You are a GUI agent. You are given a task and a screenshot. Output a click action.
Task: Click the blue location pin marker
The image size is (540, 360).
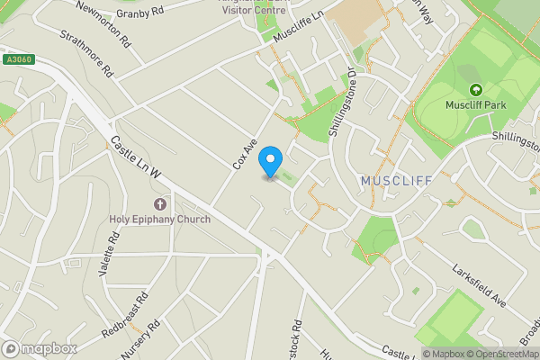click(269, 162)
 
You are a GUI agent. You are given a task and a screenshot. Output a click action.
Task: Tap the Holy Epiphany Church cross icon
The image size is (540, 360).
click(161, 205)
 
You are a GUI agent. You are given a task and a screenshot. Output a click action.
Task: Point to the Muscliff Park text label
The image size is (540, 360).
click(476, 104)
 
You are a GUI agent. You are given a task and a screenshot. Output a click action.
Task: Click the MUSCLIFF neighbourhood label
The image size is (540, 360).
click(396, 182)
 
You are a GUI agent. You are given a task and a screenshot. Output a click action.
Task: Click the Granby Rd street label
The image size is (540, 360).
click(139, 13)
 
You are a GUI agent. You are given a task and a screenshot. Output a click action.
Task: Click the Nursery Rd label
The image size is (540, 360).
click(140, 338)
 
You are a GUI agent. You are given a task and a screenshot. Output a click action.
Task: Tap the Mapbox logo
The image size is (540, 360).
click(39, 349)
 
